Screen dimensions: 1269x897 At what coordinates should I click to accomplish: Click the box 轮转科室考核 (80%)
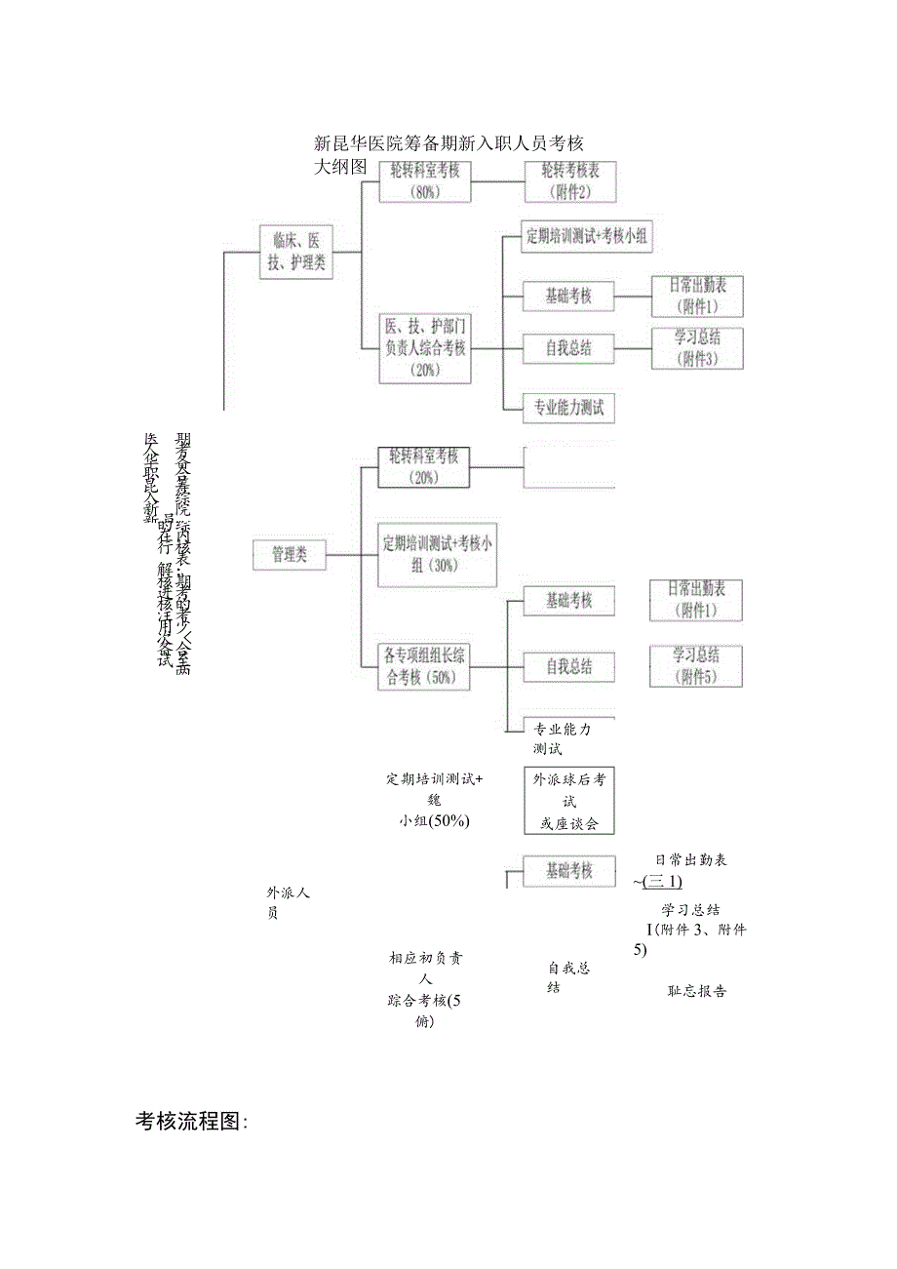coord(424,181)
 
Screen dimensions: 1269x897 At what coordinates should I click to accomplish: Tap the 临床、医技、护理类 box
coord(296,252)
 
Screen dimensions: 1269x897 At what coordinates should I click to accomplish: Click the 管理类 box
coord(290,555)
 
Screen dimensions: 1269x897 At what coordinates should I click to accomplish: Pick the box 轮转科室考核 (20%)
coord(424,467)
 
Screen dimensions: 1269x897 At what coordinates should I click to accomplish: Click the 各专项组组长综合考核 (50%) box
coord(424,667)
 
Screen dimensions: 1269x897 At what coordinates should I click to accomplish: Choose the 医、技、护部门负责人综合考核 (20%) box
coord(424,347)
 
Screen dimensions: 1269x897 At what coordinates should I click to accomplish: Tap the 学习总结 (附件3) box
coord(696,348)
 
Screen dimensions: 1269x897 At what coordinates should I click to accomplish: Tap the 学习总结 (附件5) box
coord(696,665)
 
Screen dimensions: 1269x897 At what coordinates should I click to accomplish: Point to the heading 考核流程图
coord(191,1122)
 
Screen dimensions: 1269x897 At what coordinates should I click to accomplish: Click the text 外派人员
coord(287,902)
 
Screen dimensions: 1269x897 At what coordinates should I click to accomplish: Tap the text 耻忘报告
coord(696,991)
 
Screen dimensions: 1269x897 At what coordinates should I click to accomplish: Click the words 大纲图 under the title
coord(340,167)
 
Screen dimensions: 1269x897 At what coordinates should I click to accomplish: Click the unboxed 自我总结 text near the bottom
coord(568,977)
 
